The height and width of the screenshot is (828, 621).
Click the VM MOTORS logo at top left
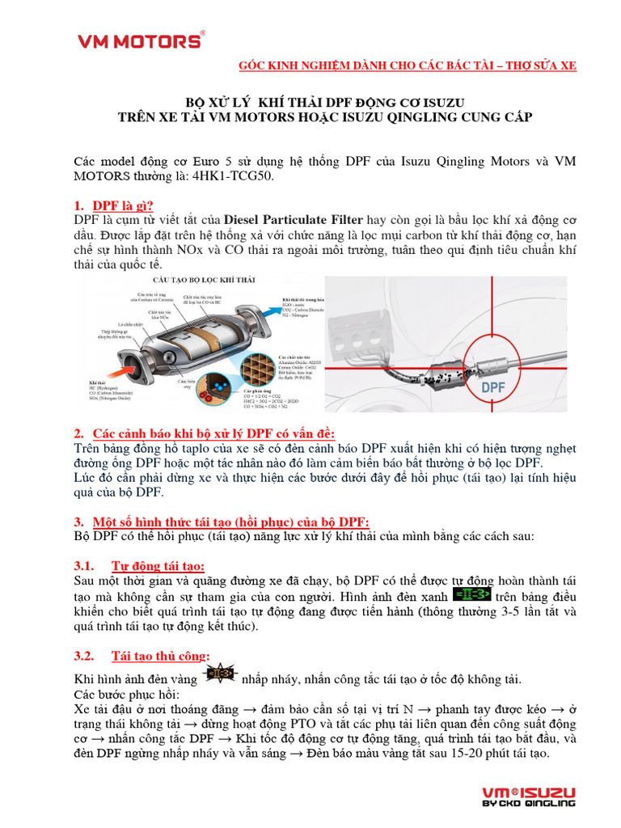140,40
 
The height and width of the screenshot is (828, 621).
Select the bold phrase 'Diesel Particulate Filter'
293,220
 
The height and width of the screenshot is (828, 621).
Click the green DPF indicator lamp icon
471,594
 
